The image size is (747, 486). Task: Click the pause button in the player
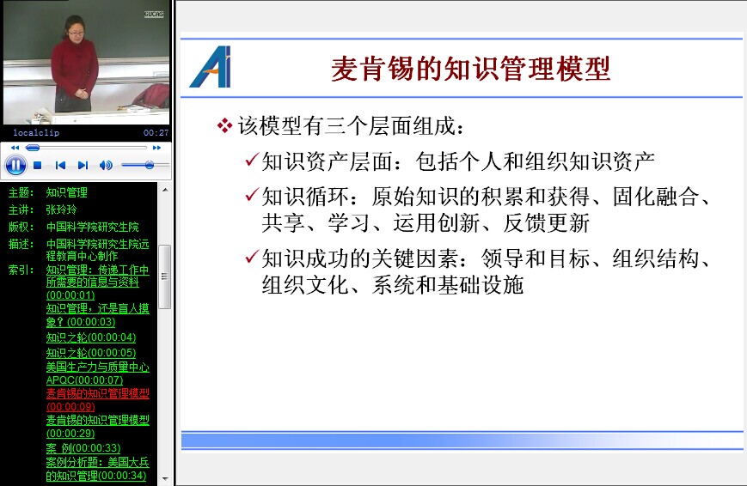coord(15,165)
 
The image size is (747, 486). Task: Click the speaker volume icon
coord(106,165)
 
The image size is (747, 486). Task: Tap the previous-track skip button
coord(60,165)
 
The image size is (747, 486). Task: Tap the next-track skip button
coord(83,165)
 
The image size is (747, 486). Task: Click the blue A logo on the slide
coord(211,67)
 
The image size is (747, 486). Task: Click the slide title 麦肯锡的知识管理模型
coord(471,69)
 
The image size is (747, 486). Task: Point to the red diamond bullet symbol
coord(224,125)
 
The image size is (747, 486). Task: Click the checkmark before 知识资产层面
coord(252,160)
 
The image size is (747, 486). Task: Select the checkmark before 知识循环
coord(252,194)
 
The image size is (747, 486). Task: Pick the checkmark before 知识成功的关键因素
coord(252,257)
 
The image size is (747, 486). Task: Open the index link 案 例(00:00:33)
coord(83,448)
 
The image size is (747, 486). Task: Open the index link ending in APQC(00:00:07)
coord(98,374)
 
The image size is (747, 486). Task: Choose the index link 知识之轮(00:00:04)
coord(91,337)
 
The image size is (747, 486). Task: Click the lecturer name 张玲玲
coord(61,210)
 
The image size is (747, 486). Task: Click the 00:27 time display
coord(156,133)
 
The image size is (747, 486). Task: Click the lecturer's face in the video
coord(77,28)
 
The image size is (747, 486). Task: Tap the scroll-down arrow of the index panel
coord(165,478)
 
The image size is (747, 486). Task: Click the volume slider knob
coord(150,165)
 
